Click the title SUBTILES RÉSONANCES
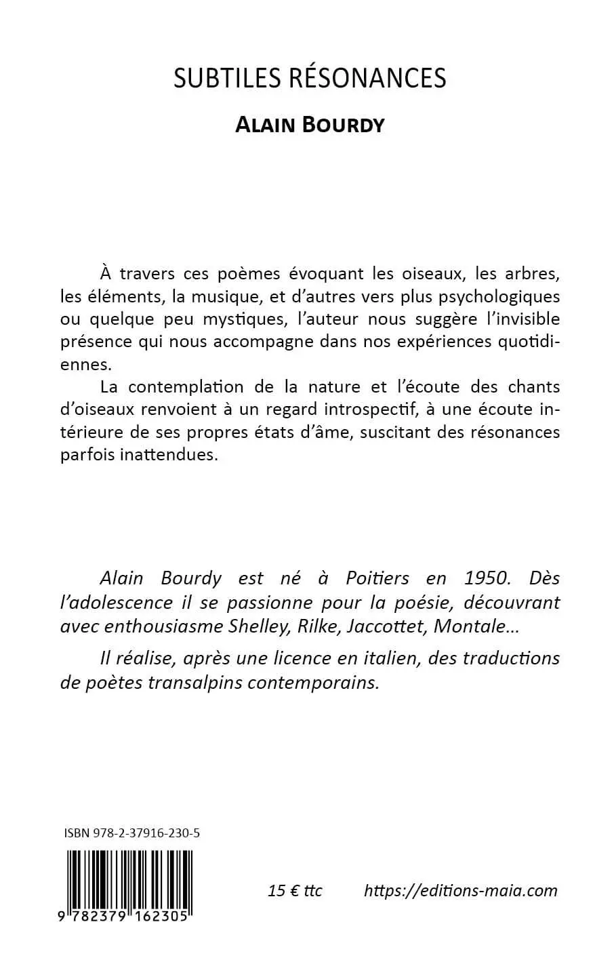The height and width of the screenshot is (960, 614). click(310, 79)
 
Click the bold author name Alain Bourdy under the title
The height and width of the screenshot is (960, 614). click(310, 125)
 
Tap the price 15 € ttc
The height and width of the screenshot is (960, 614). click(295, 890)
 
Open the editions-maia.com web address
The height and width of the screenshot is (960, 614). click(461, 890)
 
